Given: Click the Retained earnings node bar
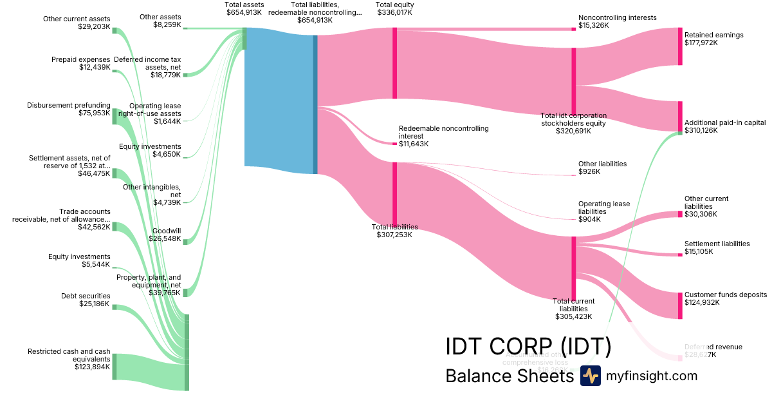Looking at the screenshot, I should pyautogui.click(x=680, y=46).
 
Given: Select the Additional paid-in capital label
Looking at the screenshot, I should pyautogui.click(x=725, y=122).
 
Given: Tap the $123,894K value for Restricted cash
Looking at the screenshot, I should pyautogui.click(x=93, y=367).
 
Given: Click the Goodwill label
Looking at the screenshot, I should pyautogui.click(x=167, y=231).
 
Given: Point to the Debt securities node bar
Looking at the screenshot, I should pyautogui.click(x=115, y=307).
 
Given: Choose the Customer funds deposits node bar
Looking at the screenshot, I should pyautogui.click(x=680, y=305).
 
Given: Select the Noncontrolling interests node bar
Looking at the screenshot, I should pyautogui.click(x=573, y=29).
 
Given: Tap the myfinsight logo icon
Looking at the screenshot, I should pyautogui.click(x=590, y=376).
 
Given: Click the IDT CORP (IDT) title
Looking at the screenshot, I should pyautogui.click(x=528, y=347).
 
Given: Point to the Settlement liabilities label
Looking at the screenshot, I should pyautogui.click(x=717, y=244).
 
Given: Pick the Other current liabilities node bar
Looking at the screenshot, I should pyautogui.click(x=680, y=214).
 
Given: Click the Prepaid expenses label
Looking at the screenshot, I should pyautogui.click(x=80, y=59).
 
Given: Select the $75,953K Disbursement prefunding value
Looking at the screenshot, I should pyautogui.click(x=94, y=113).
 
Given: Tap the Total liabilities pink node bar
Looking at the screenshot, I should pyautogui.click(x=395, y=193).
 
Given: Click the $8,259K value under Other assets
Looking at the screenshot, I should pyautogui.click(x=167, y=25).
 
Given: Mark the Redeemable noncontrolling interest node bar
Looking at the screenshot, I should pyautogui.click(x=394, y=144).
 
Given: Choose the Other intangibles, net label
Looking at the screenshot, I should pyautogui.click(x=152, y=191).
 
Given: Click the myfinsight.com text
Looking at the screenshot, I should pyautogui.click(x=652, y=376).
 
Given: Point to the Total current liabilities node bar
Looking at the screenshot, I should pyautogui.click(x=573, y=268).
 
